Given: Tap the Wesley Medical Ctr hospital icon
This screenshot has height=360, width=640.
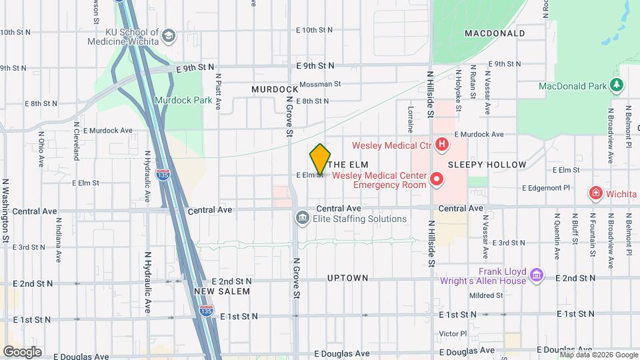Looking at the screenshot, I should coord(441,145).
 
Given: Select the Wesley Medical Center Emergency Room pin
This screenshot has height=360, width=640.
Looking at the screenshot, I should coord(437,179).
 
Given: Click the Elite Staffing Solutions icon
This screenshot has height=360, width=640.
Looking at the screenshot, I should coord(302,218).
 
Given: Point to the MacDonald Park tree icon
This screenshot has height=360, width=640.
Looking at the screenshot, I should coord(617,85).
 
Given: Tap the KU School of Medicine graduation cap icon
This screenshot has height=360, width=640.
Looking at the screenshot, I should coord(169,35).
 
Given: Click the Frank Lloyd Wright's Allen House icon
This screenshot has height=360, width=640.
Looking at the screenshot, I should coord(537,275).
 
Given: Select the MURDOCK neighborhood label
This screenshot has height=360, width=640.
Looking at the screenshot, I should coord(275,89).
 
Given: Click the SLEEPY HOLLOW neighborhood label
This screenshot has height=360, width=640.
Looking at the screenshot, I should coord(487,164).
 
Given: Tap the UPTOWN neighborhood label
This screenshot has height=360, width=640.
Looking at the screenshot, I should coord(347,277).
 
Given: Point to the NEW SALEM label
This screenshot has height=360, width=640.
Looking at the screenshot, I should coord(222,291).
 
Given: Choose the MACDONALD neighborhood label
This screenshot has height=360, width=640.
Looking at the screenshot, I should coord(495,33).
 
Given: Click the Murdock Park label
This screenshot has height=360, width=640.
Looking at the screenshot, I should coord(183,101).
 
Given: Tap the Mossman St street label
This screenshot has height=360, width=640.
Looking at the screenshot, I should coord(320,85).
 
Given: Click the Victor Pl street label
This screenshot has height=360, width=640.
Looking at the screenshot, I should coord(453,333).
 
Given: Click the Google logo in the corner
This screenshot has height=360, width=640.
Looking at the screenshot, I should coord(22,351).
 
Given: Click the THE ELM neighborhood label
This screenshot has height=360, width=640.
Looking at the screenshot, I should coord(349,164).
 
